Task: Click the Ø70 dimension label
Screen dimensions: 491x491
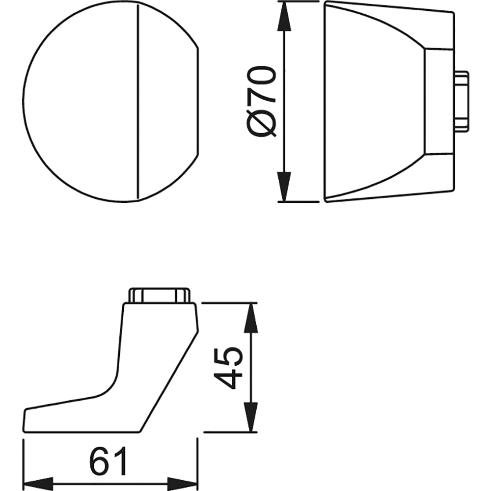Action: (x=262, y=102)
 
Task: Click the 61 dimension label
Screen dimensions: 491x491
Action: (x=108, y=461)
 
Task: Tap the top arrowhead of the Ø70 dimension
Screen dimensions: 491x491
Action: (x=284, y=16)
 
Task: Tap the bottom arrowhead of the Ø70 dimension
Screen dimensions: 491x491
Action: (x=284, y=187)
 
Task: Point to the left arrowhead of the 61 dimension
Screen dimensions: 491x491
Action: (x=38, y=484)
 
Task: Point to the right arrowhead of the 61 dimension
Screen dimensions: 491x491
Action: (x=182, y=484)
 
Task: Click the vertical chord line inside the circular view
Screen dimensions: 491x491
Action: (x=138, y=102)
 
